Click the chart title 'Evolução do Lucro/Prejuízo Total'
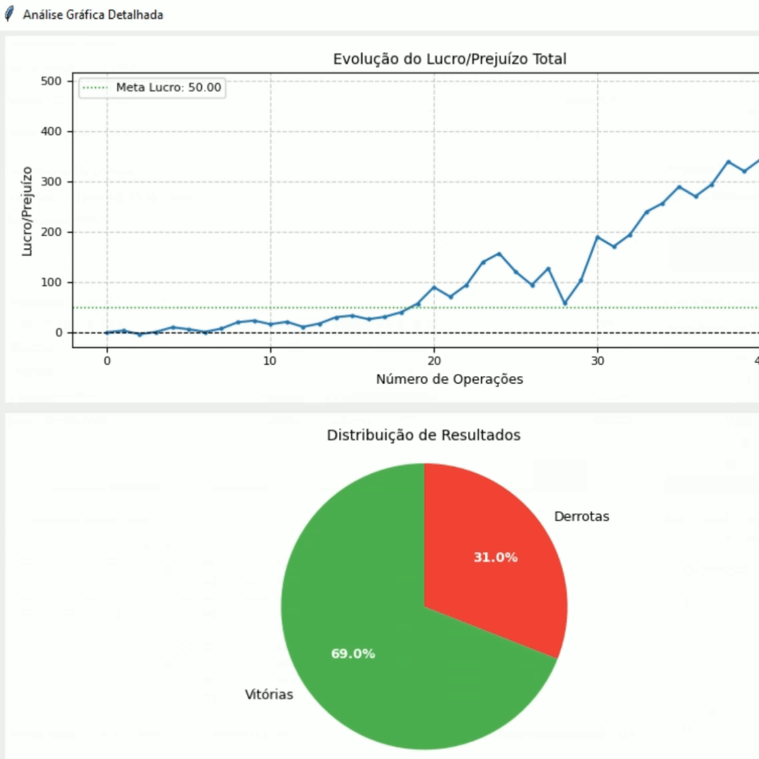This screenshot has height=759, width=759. click(450, 59)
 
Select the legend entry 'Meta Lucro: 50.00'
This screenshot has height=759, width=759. click(168, 87)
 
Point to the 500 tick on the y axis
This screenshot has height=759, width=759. click(51, 81)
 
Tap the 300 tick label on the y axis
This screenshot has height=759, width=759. click(51, 181)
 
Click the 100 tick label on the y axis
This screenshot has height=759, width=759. click(51, 282)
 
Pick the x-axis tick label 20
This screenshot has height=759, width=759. click(434, 361)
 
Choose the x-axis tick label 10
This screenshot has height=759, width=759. click(269, 361)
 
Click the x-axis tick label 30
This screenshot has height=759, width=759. click(598, 361)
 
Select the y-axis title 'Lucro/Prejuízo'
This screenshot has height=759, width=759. click(27, 211)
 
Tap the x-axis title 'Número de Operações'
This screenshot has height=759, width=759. click(450, 379)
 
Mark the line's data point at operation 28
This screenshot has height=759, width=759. click(565, 303)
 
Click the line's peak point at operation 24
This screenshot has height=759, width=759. click(499, 253)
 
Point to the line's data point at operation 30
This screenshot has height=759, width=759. click(598, 237)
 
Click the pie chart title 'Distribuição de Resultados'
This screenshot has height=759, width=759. click(424, 435)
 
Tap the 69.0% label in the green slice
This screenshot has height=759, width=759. click(353, 654)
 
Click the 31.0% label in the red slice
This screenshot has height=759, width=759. click(496, 557)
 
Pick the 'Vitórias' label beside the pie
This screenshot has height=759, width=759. click(269, 694)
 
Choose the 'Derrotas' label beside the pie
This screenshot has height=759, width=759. click(582, 516)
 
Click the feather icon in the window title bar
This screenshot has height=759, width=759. click(9, 14)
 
